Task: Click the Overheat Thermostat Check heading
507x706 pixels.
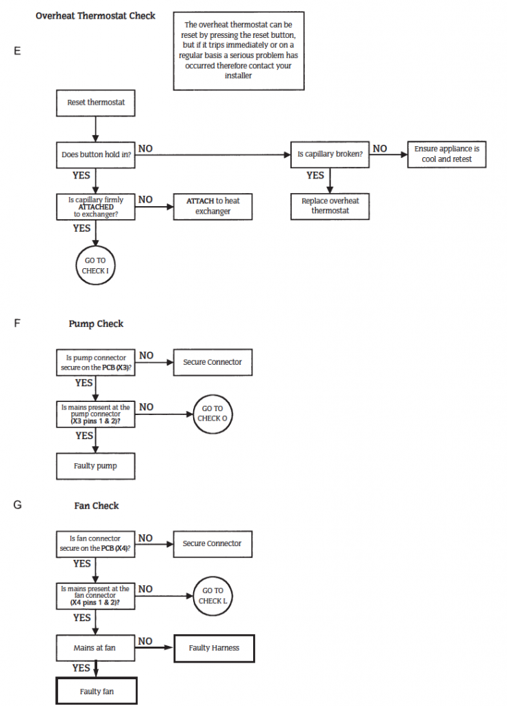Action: coord(95,15)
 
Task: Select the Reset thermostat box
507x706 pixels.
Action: coord(96,102)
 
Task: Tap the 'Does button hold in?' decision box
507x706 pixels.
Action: coord(96,155)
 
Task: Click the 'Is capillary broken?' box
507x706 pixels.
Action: coord(330,154)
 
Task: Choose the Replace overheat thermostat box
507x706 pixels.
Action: coord(330,205)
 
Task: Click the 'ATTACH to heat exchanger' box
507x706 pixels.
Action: coord(213,205)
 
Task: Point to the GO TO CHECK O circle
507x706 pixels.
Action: coord(212,414)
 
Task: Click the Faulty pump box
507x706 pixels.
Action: coord(96,466)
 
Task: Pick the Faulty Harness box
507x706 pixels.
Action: coord(213,648)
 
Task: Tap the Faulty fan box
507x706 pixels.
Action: coord(96,691)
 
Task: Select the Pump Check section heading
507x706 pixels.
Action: coord(96,324)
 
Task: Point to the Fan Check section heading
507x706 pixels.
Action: coord(96,506)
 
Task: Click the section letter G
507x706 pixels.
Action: coord(17,505)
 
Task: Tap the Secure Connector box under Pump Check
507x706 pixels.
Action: coord(212,362)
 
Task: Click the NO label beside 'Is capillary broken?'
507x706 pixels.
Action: coord(380,148)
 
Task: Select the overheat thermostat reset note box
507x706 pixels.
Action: coord(238,50)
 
